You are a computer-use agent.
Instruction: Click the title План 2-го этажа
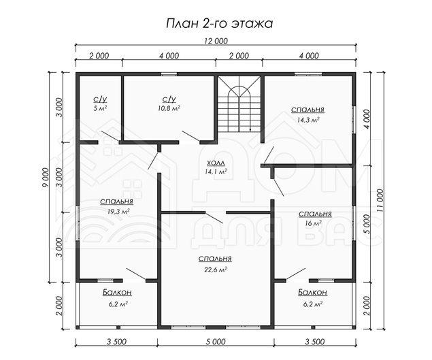[219, 24]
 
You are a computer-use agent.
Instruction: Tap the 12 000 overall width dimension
[216, 41]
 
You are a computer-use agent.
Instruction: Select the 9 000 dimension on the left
[46, 177]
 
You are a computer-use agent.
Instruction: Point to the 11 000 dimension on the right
[380, 200]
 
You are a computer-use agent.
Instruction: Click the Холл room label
[216, 163]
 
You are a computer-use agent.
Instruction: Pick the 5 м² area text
[100, 108]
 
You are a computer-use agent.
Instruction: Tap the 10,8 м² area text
[169, 108]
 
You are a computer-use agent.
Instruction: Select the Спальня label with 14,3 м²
[308, 110]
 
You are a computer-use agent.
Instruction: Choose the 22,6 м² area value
[216, 269]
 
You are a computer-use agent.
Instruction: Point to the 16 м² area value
[313, 223]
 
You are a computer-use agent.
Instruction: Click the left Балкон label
[118, 292]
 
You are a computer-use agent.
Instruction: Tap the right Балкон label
[313, 292]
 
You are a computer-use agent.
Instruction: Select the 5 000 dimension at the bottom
[216, 342]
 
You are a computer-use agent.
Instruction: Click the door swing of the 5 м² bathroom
[110, 137]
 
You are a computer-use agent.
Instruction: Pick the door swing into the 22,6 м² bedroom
[214, 218]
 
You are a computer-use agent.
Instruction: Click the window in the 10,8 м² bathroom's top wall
[169, 74]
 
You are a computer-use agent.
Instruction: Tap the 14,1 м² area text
[216, 171]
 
